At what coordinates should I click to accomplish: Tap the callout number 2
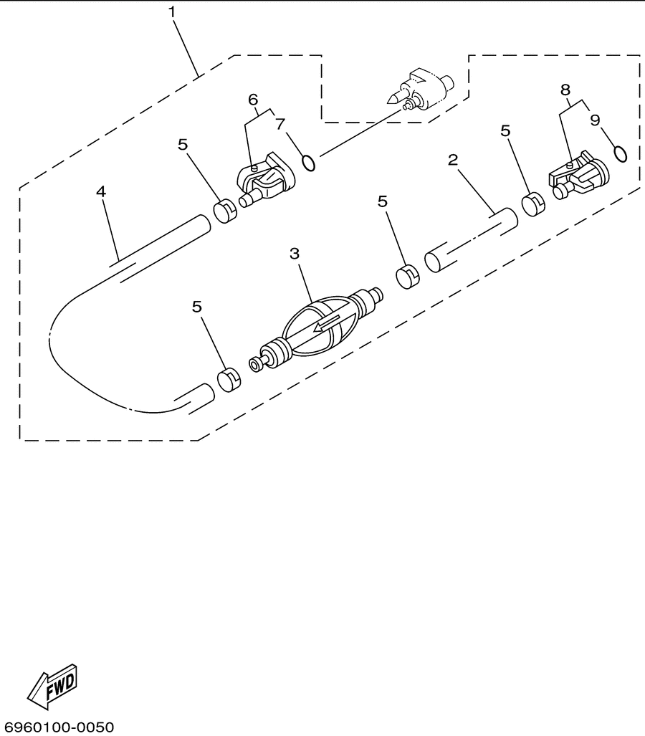[452, 160]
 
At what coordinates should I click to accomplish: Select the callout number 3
[295, 254]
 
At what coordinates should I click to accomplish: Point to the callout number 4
[101, 191]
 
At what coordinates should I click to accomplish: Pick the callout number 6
[253, 100]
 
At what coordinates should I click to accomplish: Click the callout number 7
[280, 125]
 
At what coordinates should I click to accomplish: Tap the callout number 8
[565, 89]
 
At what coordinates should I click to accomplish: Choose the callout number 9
[596, 120]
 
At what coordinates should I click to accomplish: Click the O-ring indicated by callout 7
[308, 163]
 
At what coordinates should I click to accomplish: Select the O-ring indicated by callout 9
[620, 154]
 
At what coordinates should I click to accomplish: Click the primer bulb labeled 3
[316, 329]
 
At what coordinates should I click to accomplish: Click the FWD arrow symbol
[52, 687]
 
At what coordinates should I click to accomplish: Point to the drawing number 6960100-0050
[57, 727]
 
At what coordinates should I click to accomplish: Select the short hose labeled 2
[471, 240]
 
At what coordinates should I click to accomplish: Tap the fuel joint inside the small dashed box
[419, 90]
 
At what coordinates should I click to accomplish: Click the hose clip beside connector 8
[533, 205]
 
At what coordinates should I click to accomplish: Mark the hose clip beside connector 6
[225, 211]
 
